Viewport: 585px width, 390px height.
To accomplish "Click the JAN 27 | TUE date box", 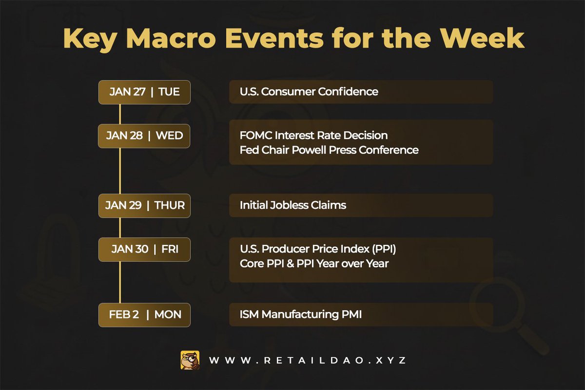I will pos(144,92).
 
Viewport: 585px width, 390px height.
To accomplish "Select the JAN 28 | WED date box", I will pos(144,136).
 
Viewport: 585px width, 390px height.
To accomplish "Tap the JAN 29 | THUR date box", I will pos(144,205).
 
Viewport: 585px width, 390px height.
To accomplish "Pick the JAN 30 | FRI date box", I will pos(144,249).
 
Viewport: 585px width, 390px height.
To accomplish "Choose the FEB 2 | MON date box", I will pos(144,315).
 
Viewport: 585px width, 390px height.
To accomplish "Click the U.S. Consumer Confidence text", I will pos(309,92).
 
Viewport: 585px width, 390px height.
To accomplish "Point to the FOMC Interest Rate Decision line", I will pos(313,135).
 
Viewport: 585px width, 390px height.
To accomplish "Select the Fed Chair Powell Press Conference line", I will pos(329,150).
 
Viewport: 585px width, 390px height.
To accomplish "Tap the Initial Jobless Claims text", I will pos(292,205).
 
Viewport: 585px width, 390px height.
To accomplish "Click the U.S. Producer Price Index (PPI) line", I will pos(318,249).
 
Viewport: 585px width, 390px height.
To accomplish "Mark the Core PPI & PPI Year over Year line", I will pos(314,264).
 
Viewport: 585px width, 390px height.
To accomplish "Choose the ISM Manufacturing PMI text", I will pos(300,315).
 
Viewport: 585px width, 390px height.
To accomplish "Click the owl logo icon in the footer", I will pos(190,360).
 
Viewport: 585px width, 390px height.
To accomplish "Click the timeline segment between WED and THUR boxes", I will pos(120,171).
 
